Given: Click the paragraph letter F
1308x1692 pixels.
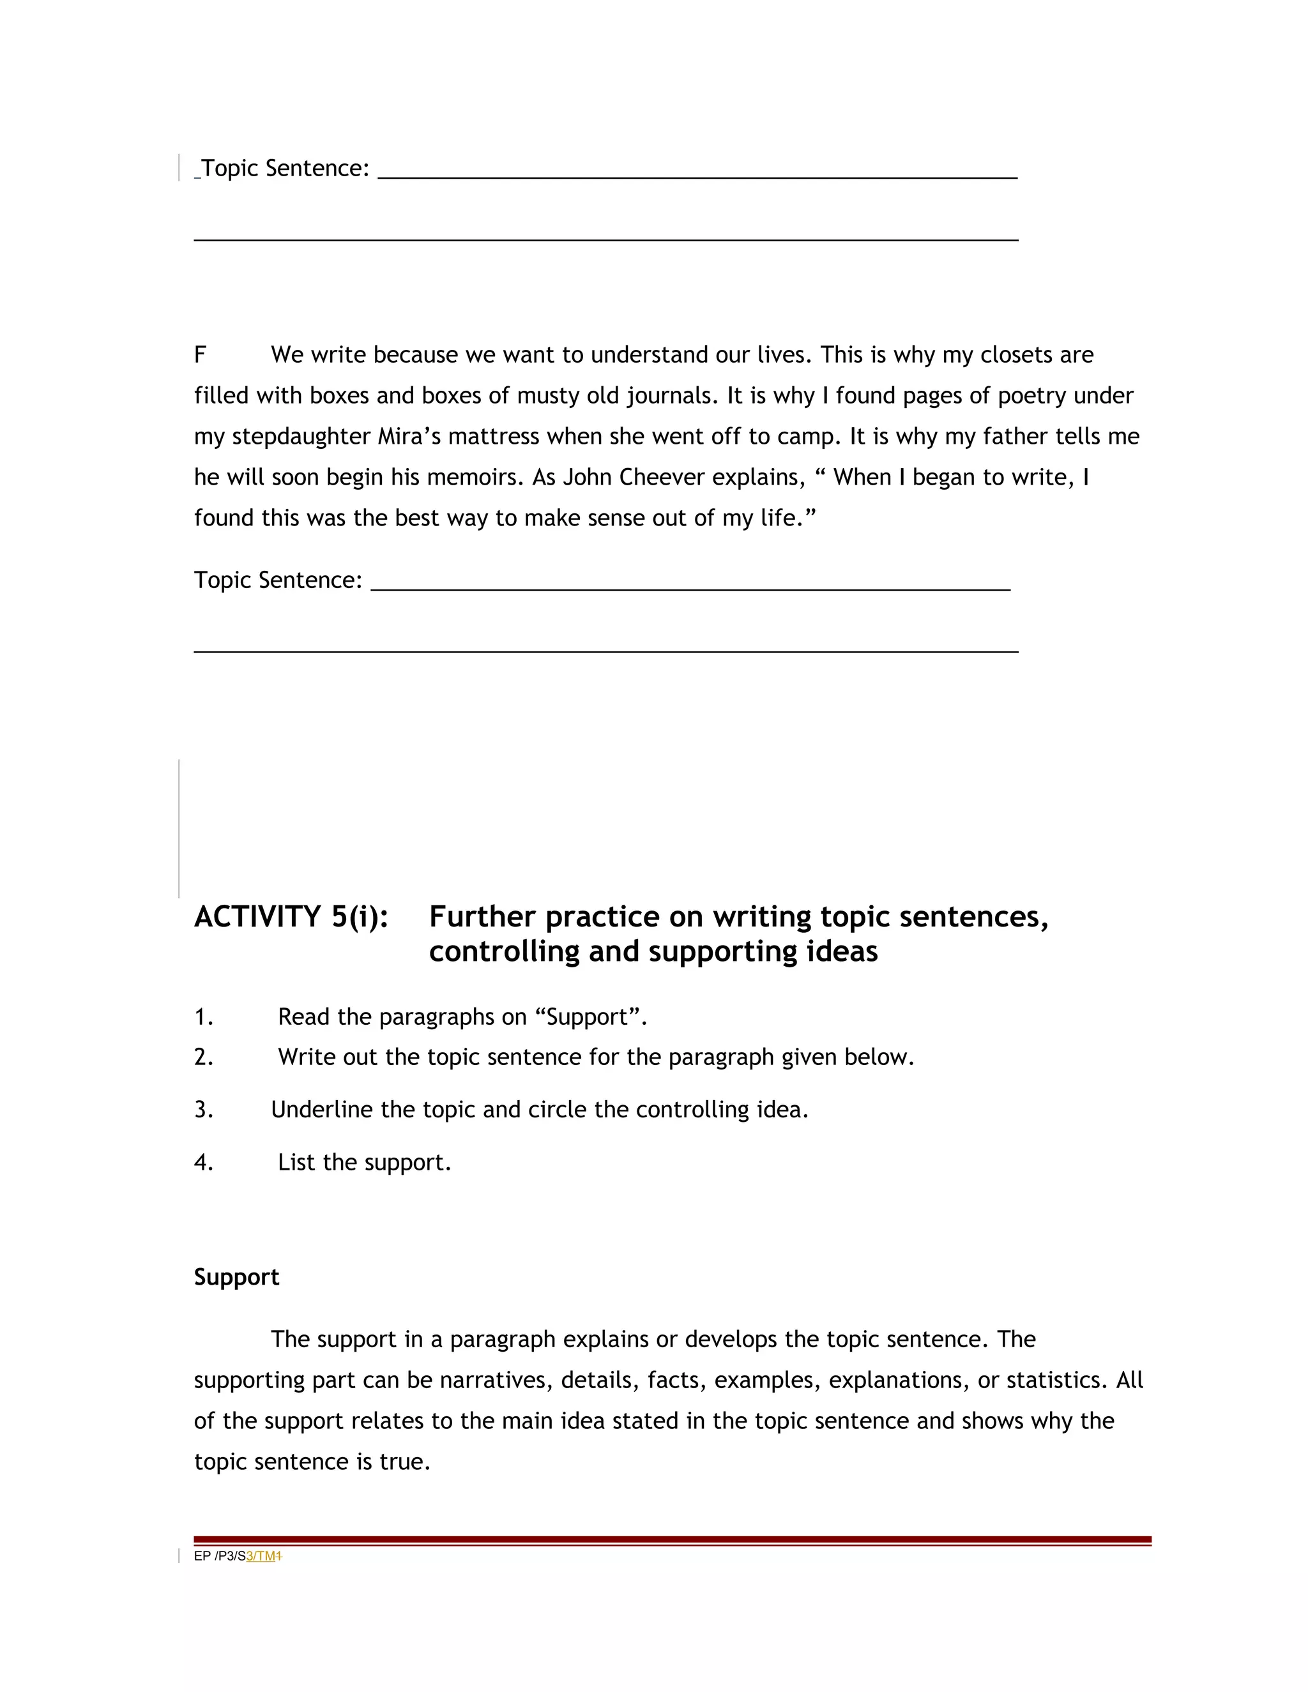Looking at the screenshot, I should [x=200, y=355].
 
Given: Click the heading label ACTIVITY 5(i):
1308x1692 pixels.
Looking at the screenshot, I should [x=291, y=916].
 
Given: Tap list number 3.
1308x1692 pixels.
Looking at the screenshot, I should [x=203, y=1110].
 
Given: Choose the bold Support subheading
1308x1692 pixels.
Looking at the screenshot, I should [x=236, y=1277].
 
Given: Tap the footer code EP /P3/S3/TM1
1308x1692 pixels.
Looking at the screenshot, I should [x=237, y=1555].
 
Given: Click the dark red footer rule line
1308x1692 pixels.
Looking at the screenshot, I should [x=673, y=1540].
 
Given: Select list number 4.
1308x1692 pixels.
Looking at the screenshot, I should [x=203, y=1163].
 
